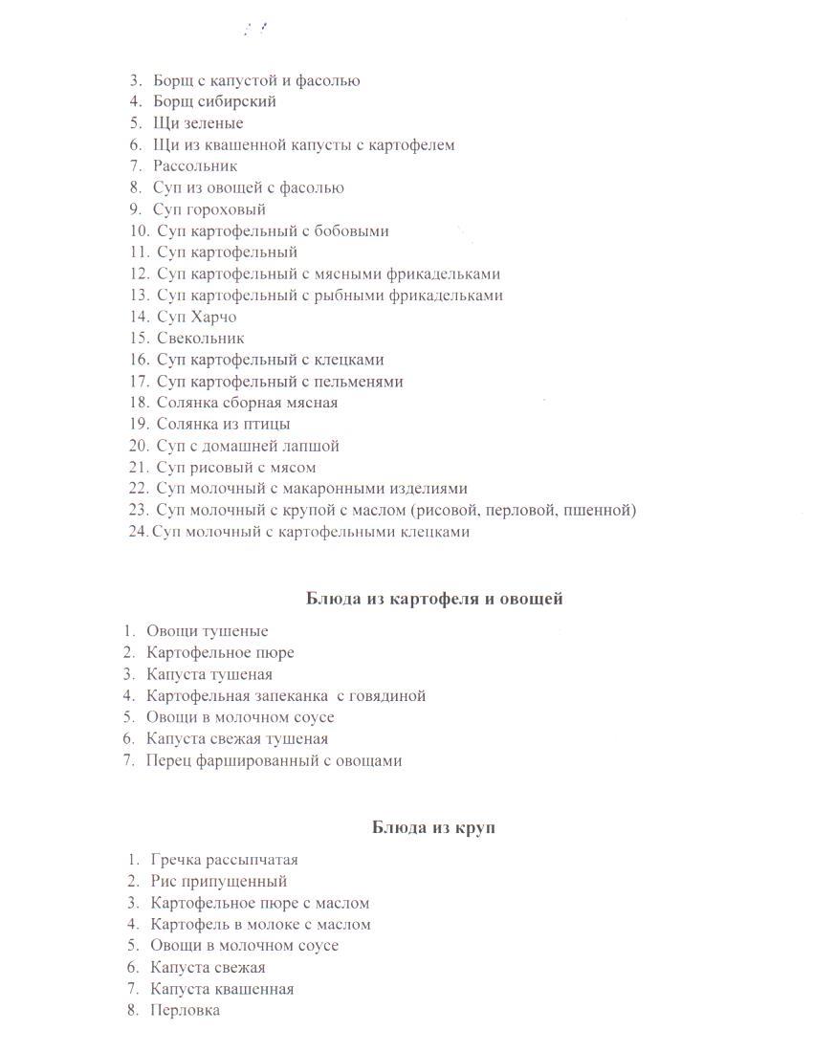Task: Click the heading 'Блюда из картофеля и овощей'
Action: pos(434,599)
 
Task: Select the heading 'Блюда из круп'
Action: pos(433,827)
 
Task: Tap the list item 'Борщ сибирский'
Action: pos(214,101)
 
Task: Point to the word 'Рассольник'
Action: pos(195,166)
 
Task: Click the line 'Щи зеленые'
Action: pos(198,123)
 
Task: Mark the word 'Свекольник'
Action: pos(201,338)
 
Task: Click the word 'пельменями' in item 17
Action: pos(359,382)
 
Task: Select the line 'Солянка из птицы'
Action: pos(223,424)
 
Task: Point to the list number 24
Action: pos(138,532)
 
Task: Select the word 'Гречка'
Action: pos(174,860)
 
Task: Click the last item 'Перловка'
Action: pos(185,1010)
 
